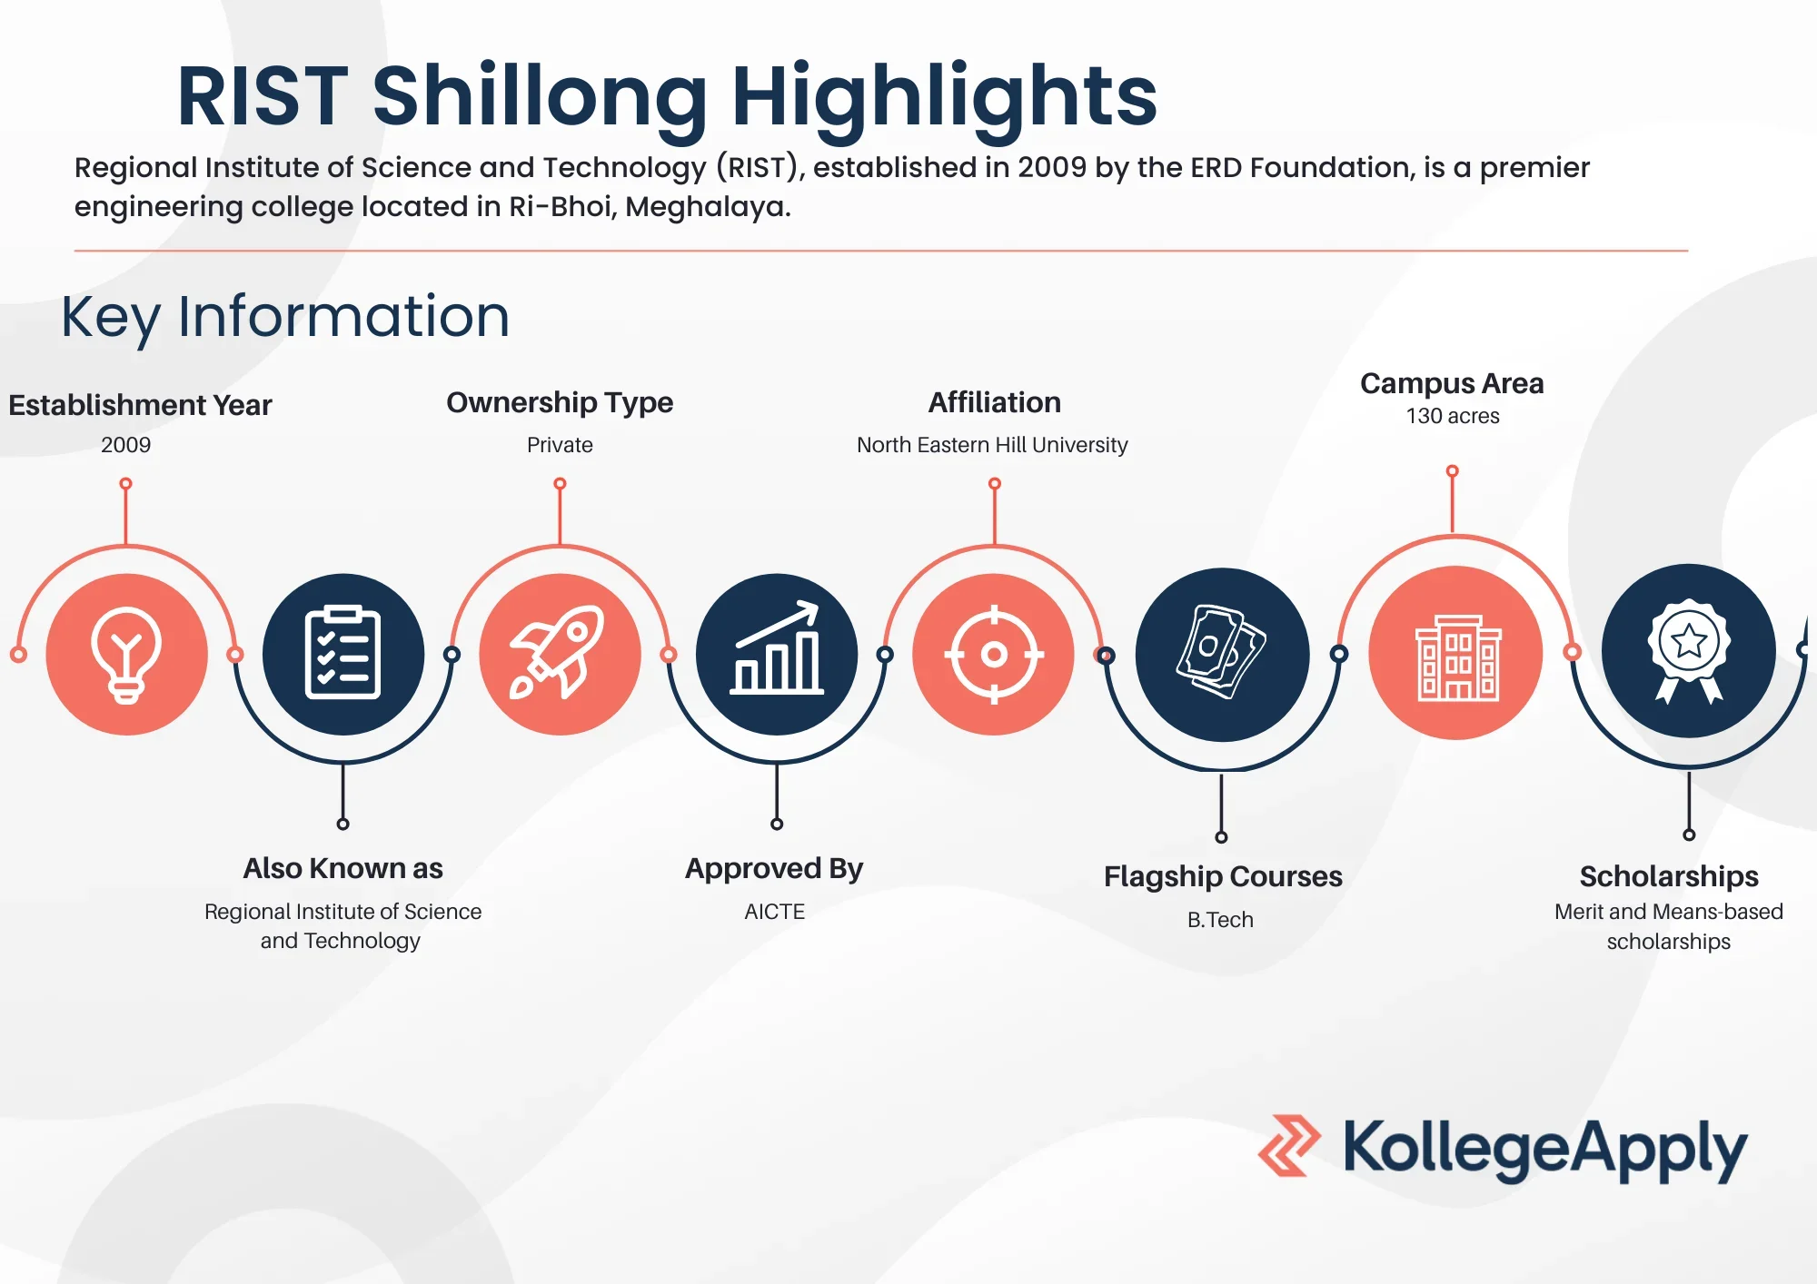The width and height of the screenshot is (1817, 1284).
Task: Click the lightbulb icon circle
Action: [x=126, y=654]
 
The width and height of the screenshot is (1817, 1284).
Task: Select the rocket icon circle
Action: [x=560, y=654]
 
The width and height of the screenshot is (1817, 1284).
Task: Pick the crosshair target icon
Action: [x=994, y=654]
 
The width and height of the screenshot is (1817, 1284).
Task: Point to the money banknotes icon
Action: [x=1221, y=651]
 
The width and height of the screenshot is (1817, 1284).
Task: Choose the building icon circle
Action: [x=1455, y=652]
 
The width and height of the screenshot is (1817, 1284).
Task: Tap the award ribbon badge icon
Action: [x=1689, y=650]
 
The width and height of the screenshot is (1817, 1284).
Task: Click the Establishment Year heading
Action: [x=140, y=405]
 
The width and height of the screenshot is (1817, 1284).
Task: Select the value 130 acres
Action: [x=1453, y=416]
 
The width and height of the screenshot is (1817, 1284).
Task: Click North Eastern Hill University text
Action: [x=992, y=445]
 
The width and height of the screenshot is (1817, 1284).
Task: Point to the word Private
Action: [x=560, y=445]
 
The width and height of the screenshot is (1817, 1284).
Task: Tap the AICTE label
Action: [x=775, y=912]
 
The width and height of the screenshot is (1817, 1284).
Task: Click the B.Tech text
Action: [x=1220, y=920]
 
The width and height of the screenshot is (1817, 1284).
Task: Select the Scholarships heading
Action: [x=1669, y=876]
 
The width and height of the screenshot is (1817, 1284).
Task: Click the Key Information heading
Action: [x=285, y=317]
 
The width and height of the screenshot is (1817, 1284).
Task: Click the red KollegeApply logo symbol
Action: [x=1289, y=1146]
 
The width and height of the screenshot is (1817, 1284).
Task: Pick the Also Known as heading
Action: [x=343, y=868]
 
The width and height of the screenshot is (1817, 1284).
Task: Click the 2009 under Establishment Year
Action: [x=126, y=445]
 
